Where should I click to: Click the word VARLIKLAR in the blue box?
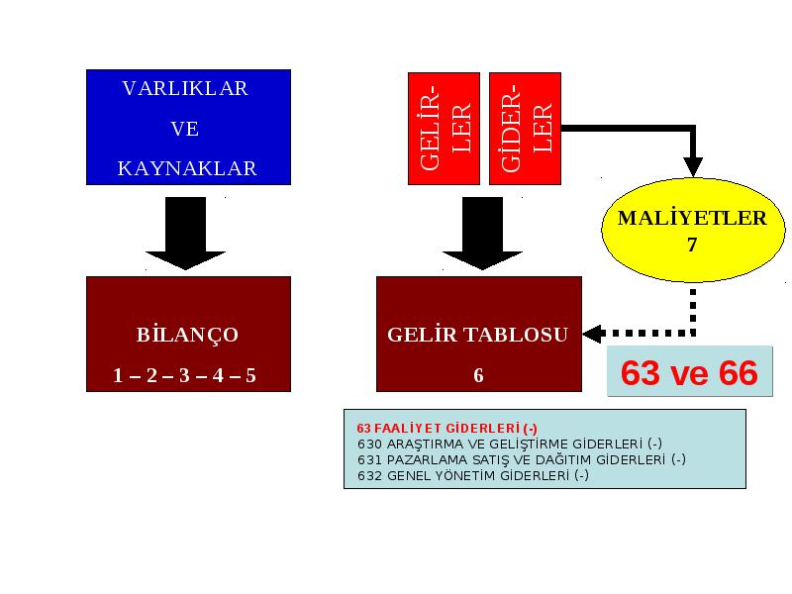(185, 88)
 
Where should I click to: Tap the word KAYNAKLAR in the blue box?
(187, 168)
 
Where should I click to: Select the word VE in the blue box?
(185, 129)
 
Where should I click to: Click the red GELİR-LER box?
(444, 129)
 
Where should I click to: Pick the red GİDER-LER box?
(526, 129)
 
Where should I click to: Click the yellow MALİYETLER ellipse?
(692, 230)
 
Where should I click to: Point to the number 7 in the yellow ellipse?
(692, 245)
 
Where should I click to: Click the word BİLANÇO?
(187, 335)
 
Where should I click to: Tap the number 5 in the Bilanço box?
(251, 375)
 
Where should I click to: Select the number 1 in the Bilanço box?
(118, 375)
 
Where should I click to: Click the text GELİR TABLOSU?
(478, 335)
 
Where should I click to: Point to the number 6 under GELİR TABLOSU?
(478, 375)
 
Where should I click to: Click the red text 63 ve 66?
(689, 373)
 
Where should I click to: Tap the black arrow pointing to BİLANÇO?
(185, 234)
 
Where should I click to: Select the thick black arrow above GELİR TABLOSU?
(482, 234)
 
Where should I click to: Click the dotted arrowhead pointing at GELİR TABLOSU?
(592, 334)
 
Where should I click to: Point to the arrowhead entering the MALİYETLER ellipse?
(693, 166)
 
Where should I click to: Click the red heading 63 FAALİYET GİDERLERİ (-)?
(447, 429)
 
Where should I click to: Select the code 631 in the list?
(369, 459)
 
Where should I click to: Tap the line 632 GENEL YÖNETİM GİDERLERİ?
(473, 475)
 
